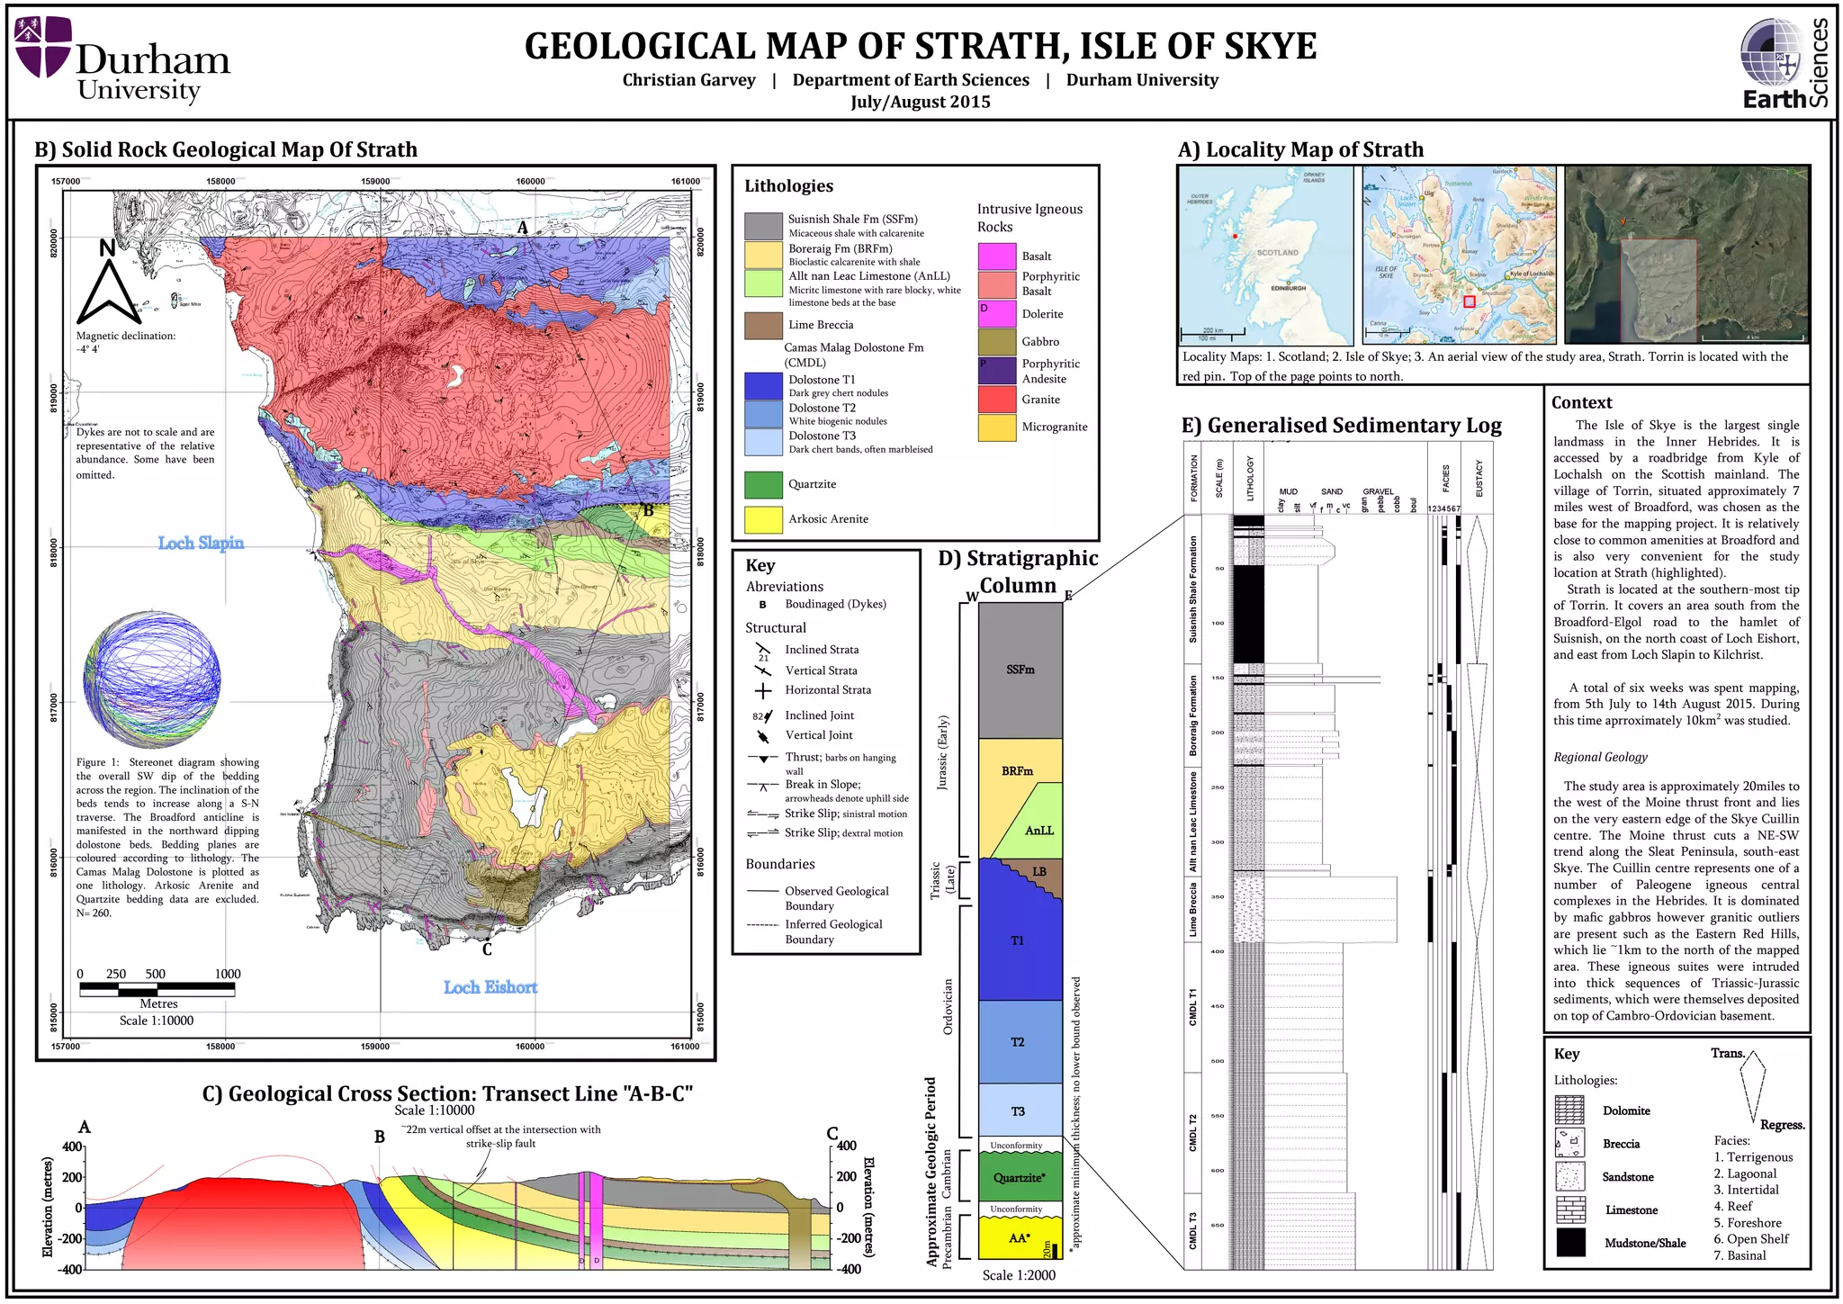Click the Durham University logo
(x=123, y=59)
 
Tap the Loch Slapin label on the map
(x=201, y=543)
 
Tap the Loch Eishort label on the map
(x=490, y=987)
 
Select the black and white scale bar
(x=157, y=990)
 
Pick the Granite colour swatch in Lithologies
(x=997, y=400)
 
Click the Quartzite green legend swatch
(x=763, y=484)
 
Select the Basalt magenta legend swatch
(x=997, y=256)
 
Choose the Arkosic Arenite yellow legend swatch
(x=763, y=519)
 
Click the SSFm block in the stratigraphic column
(x=1020, y=670)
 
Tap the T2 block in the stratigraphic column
(x=1018, y=1041)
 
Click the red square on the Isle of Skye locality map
(x=1469, y=302)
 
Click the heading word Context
(x=1581, y=403)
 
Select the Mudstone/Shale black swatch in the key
(x=1570, y=1243)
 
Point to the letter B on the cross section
(x=380, y=1137)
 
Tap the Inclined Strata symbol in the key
(x=763, y=649)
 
